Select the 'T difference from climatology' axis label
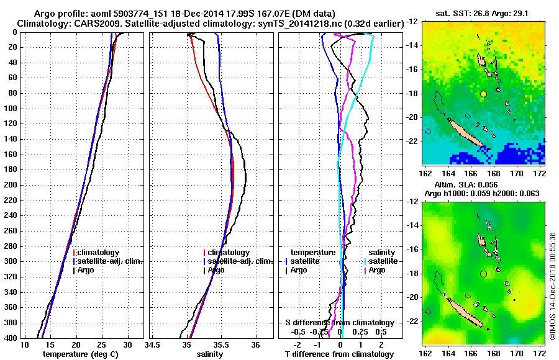tap(340, 354)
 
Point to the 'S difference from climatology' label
tap(339, 323)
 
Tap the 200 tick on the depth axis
tap(12, 185)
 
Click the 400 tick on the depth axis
tap(12, 338)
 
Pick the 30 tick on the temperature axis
tap(127, 344)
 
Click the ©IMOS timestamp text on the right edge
tap(553, 286)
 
